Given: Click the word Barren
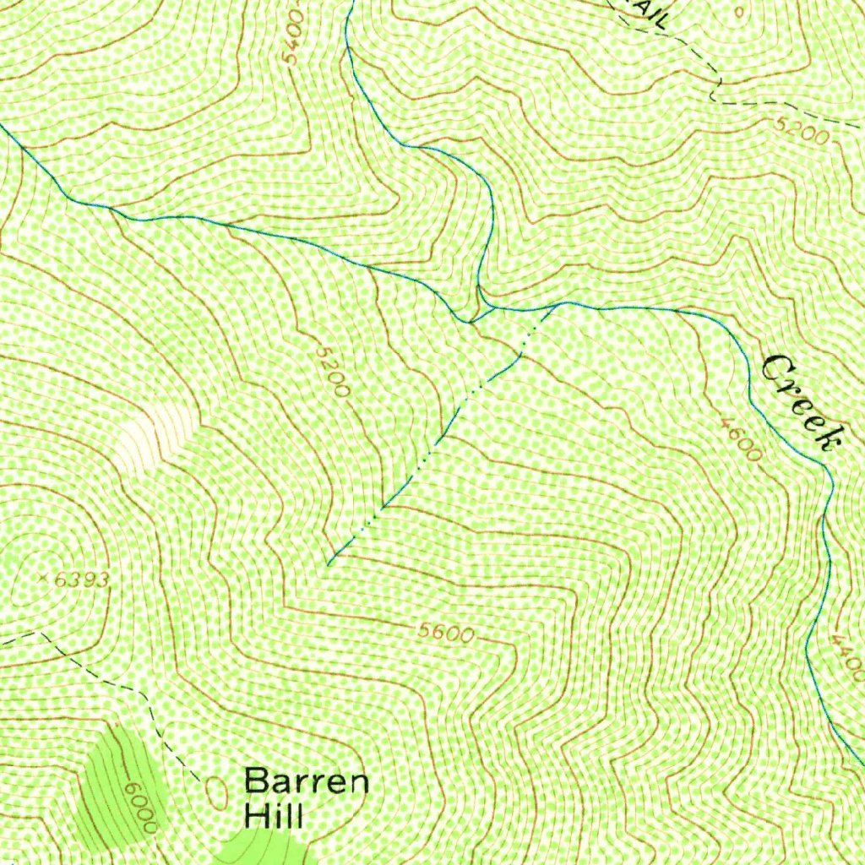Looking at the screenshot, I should coord(307,781).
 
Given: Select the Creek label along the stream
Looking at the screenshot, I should coord(803,401).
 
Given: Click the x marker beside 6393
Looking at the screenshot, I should coord(44,579).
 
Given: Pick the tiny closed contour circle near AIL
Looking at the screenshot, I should coord(740,12).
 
